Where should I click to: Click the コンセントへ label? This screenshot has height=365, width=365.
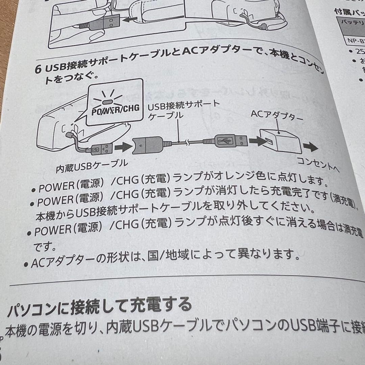pos(318,164)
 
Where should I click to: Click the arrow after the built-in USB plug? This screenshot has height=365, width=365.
pos(122,147)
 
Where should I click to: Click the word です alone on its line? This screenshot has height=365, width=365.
pos(44,247)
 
